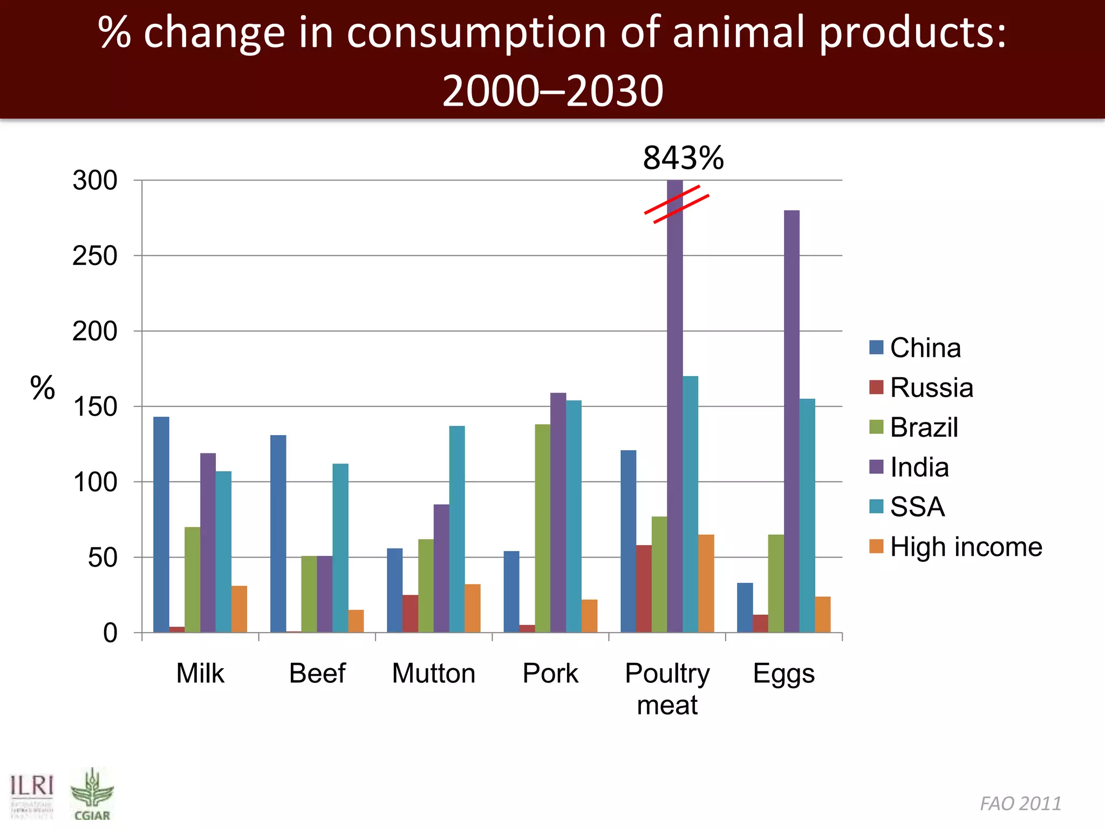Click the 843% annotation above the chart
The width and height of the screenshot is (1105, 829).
coord(683,158)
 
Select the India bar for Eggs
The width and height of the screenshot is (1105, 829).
coord(792,421)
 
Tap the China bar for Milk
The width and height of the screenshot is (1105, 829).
coord(161,524)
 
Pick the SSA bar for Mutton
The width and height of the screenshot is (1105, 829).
coord(457,529)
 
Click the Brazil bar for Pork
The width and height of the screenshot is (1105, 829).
coord(543,528)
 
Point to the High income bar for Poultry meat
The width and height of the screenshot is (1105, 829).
coord(706,583)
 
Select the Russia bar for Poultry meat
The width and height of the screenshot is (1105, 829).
coord(644,588)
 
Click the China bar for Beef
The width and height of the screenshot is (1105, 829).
coord(278,533)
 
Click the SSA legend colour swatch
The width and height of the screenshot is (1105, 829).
coord(876,506)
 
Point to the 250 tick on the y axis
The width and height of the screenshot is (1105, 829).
coord(95,256)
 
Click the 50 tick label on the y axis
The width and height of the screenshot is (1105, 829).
coord(103,558)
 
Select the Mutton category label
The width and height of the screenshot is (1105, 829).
coord(433,673)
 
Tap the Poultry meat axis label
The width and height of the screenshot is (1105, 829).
coord(667,689)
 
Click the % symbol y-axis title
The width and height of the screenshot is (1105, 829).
coord(43,388)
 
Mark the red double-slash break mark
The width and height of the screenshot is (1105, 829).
coord(677,204)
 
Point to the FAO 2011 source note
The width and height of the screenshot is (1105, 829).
coord(1020,804)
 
